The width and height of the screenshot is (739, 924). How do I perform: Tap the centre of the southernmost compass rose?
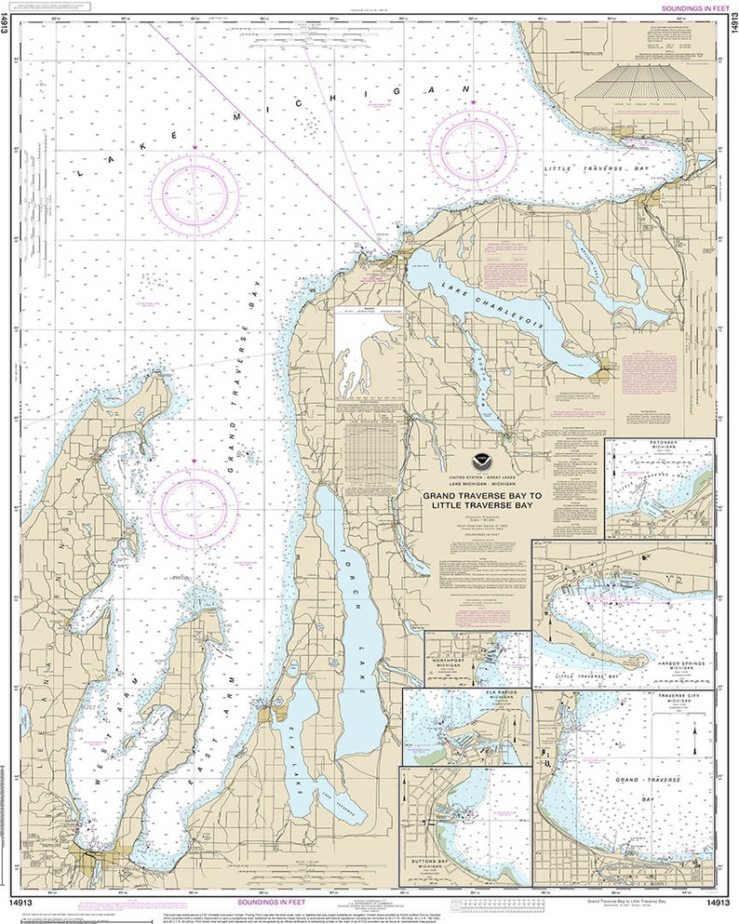194,509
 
